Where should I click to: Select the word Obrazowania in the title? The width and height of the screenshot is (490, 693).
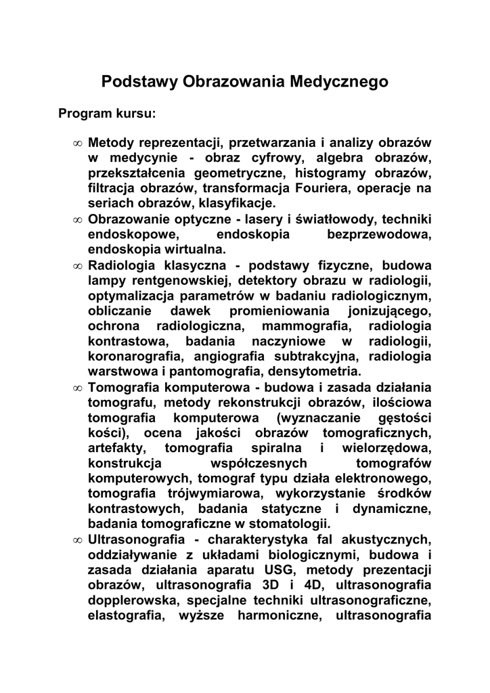point(235,83)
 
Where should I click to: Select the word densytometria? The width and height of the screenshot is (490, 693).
point(315,371)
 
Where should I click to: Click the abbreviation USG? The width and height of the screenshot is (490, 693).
point(281,570)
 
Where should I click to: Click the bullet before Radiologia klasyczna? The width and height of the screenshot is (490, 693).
point(78,266)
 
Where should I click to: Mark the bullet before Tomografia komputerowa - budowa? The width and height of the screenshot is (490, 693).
point(78,388)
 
